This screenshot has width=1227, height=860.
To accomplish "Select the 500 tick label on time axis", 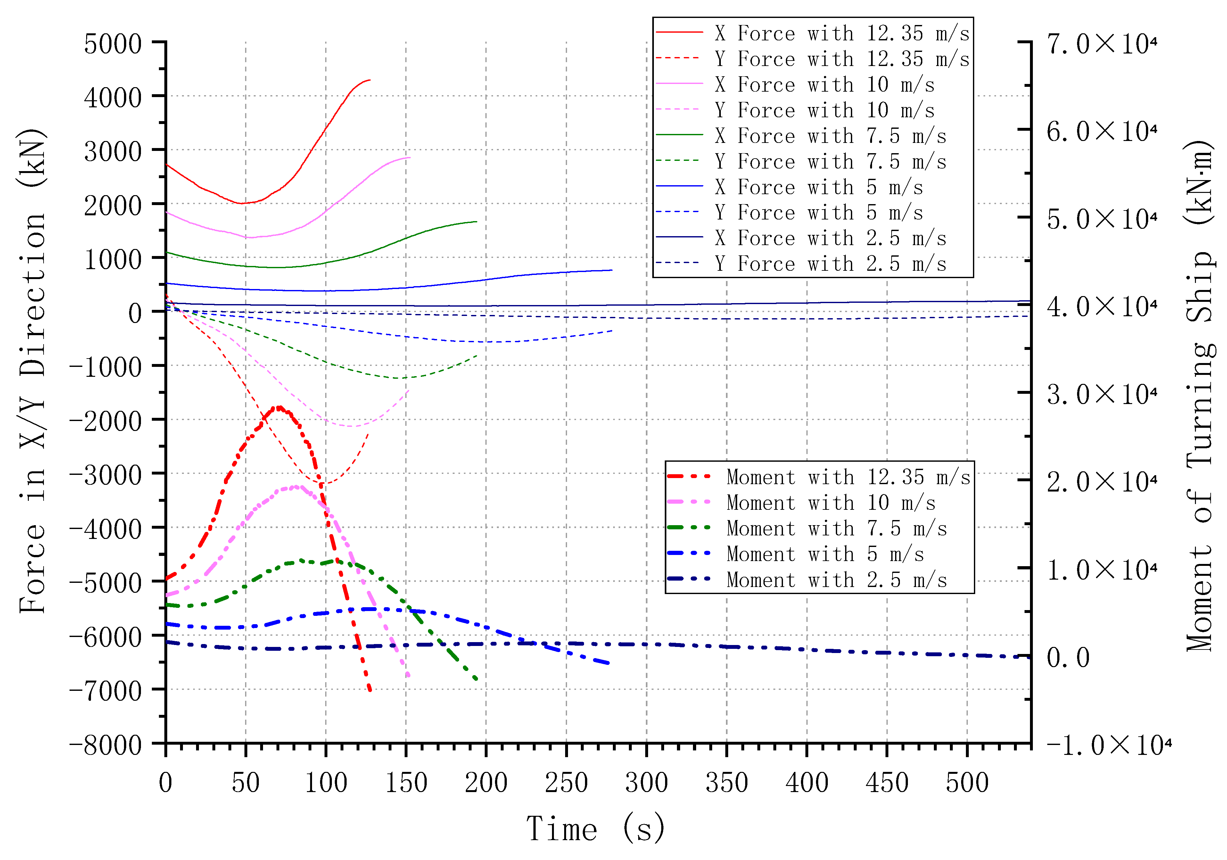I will point(967,783).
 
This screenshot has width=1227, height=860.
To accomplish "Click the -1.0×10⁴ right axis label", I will point(1109,745).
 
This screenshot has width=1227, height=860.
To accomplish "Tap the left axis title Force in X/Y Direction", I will point(33,371).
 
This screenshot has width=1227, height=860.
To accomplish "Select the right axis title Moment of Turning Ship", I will point(1200,395).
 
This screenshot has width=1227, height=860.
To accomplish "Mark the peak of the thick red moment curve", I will point(278,407).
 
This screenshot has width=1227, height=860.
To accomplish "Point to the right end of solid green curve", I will point(476,221).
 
